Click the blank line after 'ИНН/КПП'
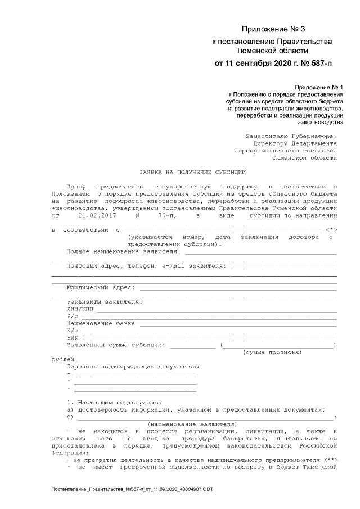coord(217,309)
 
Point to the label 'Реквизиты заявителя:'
coord(104,301)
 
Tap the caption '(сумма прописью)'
coord(272,352)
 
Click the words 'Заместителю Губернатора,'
coord(292,136)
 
